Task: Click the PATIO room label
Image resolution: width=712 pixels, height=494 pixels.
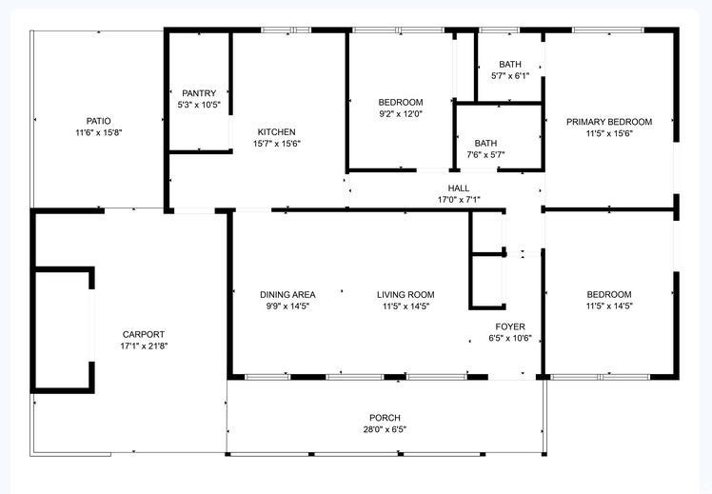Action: click(99, 121)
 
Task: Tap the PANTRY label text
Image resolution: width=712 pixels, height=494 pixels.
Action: click(199, 93)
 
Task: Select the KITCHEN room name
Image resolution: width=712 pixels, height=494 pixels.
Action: click(277, 132)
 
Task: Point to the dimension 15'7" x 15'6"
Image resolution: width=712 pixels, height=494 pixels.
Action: click(277, 144)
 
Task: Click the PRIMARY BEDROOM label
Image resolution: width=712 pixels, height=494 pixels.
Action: click(609, 122)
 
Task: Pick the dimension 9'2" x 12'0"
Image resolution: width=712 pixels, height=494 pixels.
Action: click(401, 114)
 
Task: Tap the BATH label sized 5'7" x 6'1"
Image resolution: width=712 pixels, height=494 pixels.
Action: click(510, 65)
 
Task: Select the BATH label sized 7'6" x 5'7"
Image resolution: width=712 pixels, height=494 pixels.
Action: click(485, 143)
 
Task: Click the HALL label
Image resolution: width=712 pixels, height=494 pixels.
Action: click(459, 188)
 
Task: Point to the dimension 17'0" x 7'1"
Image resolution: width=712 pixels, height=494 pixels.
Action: click(459, 200)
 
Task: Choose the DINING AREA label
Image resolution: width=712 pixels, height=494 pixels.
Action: click(287, 295)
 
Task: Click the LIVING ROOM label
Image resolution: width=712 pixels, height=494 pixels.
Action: click(405, 295)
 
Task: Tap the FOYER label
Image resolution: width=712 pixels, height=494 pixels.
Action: click(510, 326)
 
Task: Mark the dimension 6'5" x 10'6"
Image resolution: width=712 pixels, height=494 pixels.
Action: click(510, 339)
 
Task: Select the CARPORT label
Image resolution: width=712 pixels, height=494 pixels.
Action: click(144, 335)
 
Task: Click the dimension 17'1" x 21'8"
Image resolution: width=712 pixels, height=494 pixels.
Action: click(144, 346)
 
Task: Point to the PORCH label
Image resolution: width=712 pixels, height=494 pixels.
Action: click(385, 418)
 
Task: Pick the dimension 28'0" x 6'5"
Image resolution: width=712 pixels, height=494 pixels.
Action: click(385, 429)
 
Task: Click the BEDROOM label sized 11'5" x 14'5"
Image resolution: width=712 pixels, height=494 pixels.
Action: click(609, 295)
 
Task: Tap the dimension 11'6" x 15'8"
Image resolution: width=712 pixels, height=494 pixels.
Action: click(99, 133)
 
